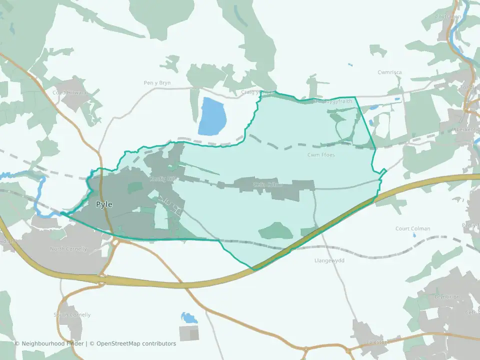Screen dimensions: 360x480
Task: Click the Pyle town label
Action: point(104,204)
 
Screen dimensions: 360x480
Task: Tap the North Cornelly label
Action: point(68,249)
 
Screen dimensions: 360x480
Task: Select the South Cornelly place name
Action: point(72,315)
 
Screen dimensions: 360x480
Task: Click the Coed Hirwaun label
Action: point(70,92)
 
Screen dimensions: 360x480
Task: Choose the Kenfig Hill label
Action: point(162,178)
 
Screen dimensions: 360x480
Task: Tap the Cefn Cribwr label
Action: point(268,184)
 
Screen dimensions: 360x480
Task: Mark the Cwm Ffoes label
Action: point(321,155)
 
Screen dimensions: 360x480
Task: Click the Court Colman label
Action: point(413,229)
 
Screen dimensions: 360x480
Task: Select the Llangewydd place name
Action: point(329,260)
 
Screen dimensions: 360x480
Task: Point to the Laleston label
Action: point(377,342)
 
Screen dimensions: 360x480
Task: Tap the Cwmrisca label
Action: point(389,72)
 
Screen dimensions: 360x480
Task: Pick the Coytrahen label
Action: point(448,16)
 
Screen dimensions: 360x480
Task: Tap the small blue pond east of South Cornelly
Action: point(188,318)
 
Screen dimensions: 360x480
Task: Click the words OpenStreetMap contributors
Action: point(136,343)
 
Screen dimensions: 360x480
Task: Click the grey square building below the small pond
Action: point(189,333)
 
